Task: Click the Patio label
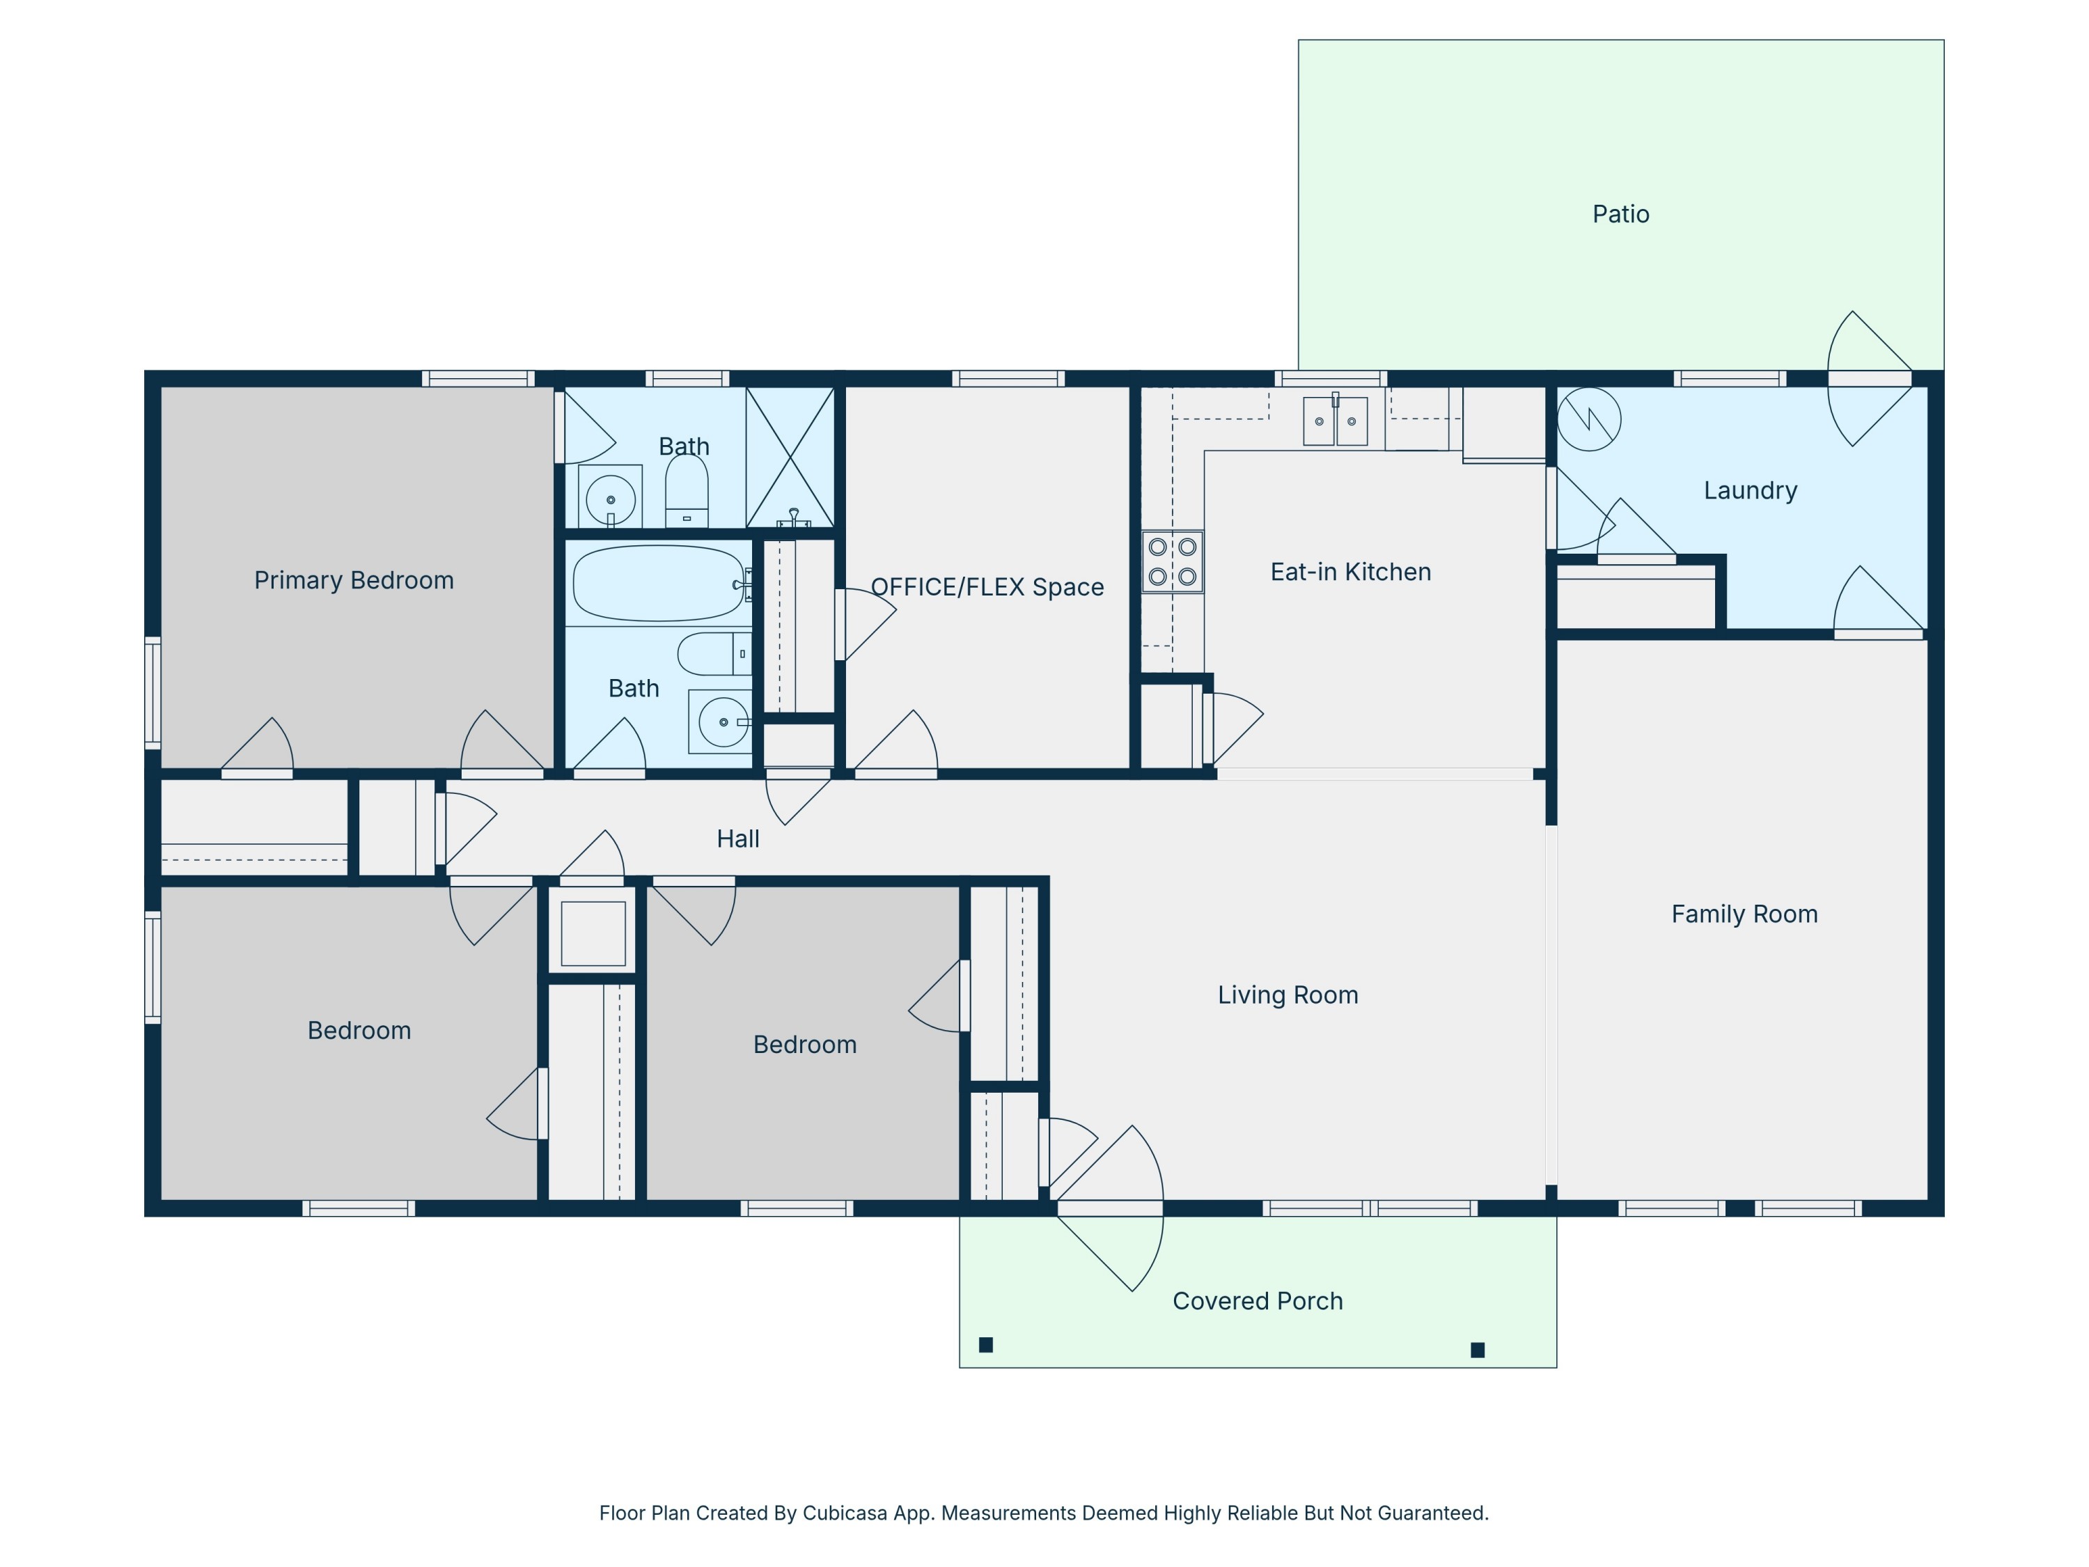tap(1620, 215)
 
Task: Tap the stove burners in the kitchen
tap(1172, 561)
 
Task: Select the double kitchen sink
tap(1334, 421)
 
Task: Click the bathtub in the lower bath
tap(658, 583)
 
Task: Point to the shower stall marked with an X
tap(790, 456)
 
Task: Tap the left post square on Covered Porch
tap(986, 1345)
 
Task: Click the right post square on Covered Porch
tap(1478, 1350)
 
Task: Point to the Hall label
tap(737, 839)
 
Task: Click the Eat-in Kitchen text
tap(1349, 572)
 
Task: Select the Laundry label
tap(1750, 490)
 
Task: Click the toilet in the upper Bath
tap(687, 491)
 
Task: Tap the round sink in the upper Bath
tap(610, 499)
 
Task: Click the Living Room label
tap(1288, 995)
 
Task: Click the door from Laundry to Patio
tap(1869, 379)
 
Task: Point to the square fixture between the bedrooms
tap(593, 933)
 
